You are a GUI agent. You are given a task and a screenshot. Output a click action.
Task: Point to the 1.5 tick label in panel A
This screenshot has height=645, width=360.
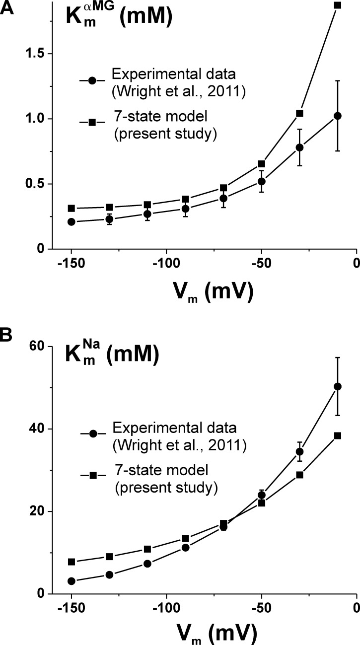(34, 54)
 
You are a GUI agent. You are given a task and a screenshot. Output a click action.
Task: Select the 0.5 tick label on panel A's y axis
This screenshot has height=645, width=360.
(34, 184)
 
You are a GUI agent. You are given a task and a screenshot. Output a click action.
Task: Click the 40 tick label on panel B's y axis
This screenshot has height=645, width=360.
(38, 429)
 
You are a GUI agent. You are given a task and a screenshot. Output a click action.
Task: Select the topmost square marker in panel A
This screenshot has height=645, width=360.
(338, 5)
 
